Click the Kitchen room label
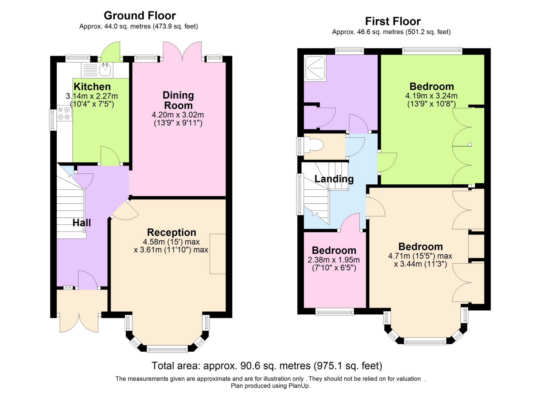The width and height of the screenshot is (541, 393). pyautogui.click(x=92, y=87)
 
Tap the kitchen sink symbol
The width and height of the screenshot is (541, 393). pyautogui.click(x=105, y=70)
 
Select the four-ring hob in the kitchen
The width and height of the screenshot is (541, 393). pyautogui.click(x=64, y=113)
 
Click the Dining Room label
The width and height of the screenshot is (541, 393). pyautogui.click(x=178, y=100)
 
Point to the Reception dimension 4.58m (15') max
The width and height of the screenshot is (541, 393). pyautogui.click(x=171, y=242)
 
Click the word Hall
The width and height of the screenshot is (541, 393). pyautogui.click(x=81, y=223)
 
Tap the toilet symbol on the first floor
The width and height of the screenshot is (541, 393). pyautogui.click(x=315, y=145)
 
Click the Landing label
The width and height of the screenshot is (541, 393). pyautogui.click(x=334, y=179)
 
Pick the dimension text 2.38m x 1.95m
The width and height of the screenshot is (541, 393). pyautogui.click(x=334, y=260)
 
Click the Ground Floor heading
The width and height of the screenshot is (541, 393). pyautogui.click(x=140, y=15)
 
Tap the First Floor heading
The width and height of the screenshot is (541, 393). pyautogui.click(x=392, y=21)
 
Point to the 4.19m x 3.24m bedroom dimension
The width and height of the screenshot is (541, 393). pyautogui.click(x=431, y=96)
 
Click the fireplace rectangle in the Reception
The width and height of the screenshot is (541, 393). pyautogui.click(x=217, y=254)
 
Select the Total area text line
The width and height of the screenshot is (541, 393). pyautogui.click(x=267, y=366)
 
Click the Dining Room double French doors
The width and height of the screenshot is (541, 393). pyautogui.click(x=182, y=51)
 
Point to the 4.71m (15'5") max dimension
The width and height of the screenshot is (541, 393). pyautogui.click(x=420, y=256)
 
